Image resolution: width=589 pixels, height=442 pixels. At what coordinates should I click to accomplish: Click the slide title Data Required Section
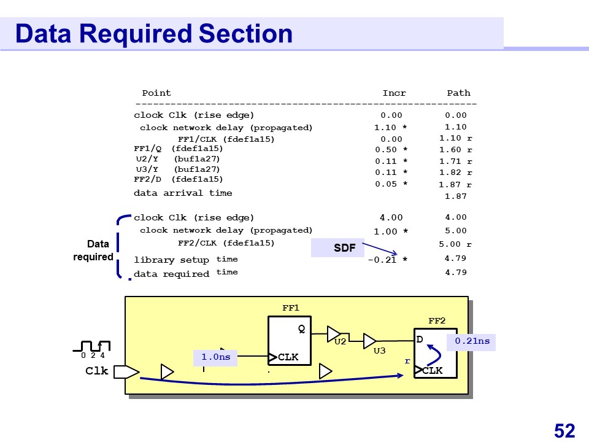153,33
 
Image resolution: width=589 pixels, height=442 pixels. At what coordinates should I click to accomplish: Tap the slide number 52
564,430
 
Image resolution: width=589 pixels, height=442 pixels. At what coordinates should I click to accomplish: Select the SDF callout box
344,248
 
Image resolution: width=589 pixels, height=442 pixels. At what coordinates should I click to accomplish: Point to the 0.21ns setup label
472,341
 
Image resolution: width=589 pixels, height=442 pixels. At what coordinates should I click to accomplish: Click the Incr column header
394,93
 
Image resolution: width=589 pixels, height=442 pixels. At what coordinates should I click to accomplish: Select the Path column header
458,93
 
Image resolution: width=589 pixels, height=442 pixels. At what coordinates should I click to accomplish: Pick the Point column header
156,93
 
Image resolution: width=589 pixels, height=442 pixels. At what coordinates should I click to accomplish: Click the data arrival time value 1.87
455,196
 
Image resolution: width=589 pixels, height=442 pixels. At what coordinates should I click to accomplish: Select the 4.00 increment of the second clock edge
391,217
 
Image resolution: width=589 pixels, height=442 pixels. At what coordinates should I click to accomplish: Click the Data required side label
93,250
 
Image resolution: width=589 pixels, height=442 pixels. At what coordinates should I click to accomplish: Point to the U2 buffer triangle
333,333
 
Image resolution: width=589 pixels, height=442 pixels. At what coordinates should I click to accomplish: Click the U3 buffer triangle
369,341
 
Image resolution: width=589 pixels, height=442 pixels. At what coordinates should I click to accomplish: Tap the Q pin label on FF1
301,329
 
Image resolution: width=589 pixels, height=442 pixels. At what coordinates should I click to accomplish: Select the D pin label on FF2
420,339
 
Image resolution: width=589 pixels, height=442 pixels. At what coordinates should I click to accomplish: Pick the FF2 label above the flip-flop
436,320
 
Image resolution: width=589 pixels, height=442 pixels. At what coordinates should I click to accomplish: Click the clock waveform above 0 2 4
94,346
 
